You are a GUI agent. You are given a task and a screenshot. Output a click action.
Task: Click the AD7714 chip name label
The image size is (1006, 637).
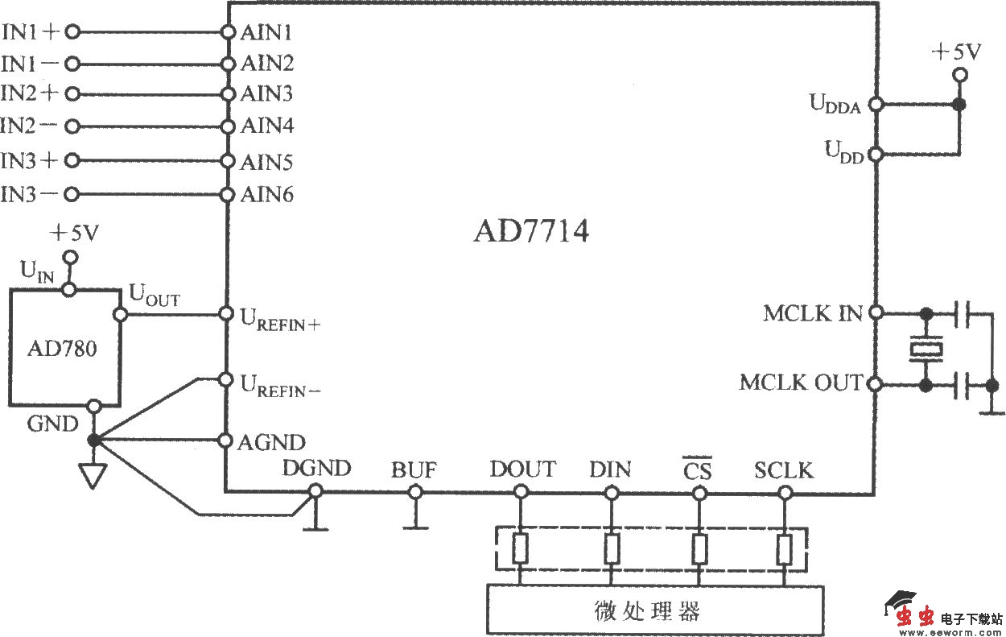click(x=531, y=232)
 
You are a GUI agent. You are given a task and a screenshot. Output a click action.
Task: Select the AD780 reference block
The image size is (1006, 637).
click(x=64, y=347)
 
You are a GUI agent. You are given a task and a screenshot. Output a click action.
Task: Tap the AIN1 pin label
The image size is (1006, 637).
click(x=267, y=32)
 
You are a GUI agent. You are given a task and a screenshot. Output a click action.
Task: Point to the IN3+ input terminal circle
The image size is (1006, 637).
click(x=73, y=160)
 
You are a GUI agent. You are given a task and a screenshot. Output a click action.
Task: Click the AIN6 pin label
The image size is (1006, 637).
click(x=267, y=195)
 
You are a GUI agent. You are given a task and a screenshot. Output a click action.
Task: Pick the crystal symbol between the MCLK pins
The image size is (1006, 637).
click(x=926, y=349)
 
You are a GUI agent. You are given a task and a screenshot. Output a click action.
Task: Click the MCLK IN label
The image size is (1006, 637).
click(x=812, y=313)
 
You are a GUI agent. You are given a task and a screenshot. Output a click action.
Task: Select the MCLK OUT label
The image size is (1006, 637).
click(x=801, y=383)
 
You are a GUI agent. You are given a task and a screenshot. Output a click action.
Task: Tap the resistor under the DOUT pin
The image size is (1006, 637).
click(x=521, y=549)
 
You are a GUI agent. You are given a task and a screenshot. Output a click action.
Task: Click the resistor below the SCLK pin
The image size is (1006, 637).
click(x=784, y=549)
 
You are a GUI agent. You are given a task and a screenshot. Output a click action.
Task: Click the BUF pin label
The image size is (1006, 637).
click(x=414, y=469)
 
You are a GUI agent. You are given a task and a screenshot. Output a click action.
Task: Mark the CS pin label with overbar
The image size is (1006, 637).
click(x=697, y=469)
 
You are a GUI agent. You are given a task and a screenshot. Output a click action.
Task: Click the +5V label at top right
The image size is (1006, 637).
click(x=956, y=52)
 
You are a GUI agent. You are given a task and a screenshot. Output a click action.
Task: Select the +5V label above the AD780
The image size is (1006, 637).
click(x=74, y=234)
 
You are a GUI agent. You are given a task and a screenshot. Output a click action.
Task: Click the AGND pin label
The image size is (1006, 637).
click(x=272, y=442)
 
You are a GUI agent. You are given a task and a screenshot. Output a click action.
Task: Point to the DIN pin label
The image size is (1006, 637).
click(x=610, y=469)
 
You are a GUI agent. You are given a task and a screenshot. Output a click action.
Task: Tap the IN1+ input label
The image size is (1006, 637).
click(x=31, y=32)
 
